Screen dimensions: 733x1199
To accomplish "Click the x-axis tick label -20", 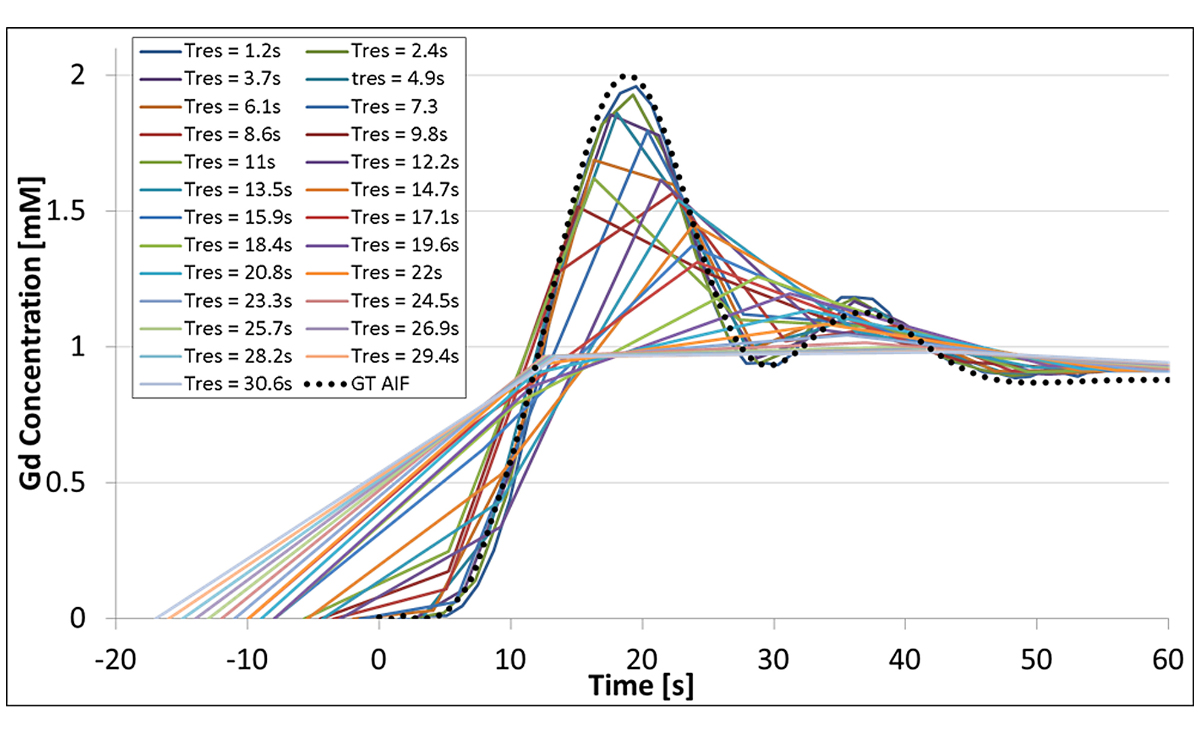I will click(x=116, y=660).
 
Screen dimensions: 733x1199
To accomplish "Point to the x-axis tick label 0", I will click(x=379, y=660).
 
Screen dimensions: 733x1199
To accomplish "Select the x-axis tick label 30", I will click(x=774, y=660).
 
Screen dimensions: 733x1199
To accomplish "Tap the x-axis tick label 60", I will click(x=1168, y=660).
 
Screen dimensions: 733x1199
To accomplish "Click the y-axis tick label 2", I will click(x=77, y=76).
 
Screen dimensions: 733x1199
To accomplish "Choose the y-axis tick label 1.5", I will click(x=66, y=212).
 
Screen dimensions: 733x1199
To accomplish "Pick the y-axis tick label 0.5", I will click(x=66, y=483).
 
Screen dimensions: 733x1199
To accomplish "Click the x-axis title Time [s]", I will click(x=641, y=686).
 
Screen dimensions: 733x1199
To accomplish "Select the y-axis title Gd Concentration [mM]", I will click(x=30, y=333).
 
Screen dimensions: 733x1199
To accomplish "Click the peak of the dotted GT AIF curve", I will click(x=629, y=76).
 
